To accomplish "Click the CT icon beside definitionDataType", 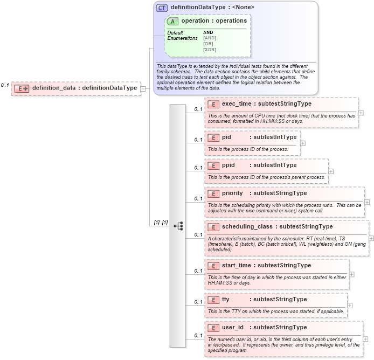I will [162, 8].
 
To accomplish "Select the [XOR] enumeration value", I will [210, 50].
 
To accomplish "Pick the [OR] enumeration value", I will [208, 44].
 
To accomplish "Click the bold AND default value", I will [208, 32].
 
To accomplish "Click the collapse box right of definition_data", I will [143, 88].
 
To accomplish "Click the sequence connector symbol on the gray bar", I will [178, 226].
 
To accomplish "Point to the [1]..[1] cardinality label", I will [161, 223].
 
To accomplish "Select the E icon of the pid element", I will [213, 137].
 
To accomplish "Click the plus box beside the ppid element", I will [331, 171].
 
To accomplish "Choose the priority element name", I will [232, 193].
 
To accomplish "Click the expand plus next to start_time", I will [352, 274].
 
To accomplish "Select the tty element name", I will [226, 299].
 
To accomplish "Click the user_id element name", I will [233, 327].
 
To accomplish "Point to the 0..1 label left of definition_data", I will [5, 85].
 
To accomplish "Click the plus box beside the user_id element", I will [365, 339].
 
